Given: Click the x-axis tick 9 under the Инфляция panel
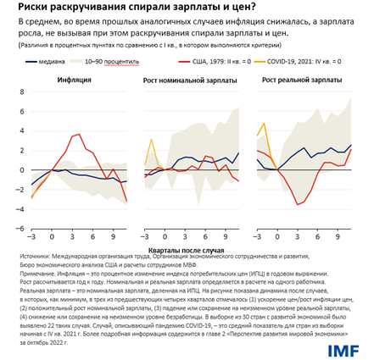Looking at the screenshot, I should [112, 237].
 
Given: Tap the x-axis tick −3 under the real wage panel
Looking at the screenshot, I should [259, 237].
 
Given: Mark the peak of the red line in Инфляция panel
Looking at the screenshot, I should [79, 134].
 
